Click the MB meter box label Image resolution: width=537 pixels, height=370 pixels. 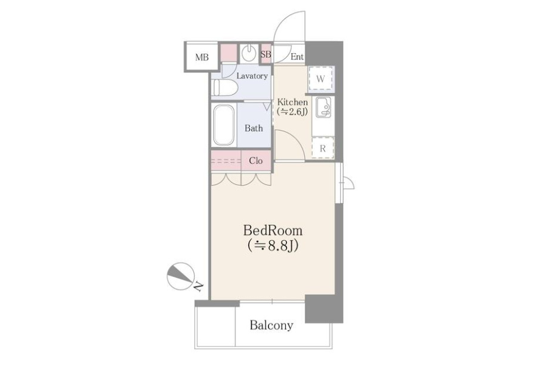tap(202, 57)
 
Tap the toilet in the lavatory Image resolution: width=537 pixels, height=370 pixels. tap(225, 88)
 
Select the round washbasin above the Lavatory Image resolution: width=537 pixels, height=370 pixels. tap(248, 53)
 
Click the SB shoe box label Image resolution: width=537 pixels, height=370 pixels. tap(266, 54)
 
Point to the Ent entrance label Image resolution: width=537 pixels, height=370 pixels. tap(297, 57)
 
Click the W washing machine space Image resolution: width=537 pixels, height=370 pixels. tap(320, 79)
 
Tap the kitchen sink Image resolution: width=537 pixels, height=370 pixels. tap(323, 107)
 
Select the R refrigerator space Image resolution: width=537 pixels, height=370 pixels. tap(323, 148)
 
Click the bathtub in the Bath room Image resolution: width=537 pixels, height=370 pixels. tap(224, 125)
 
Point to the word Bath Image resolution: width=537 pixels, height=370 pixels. tap(254, 128)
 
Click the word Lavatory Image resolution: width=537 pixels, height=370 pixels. tap(252, 76)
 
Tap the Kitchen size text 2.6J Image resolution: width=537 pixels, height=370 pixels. tap(292, 112)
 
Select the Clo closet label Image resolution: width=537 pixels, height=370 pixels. tap(256, 161)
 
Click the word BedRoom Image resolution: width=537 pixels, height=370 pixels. tap(273, 230)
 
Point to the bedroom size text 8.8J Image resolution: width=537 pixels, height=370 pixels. tap(273, 246)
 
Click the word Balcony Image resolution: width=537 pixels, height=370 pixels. tap(271, 325)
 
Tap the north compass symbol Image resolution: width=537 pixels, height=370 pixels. tap(180, 276)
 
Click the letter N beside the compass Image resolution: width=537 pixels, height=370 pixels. tap(197, 286)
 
